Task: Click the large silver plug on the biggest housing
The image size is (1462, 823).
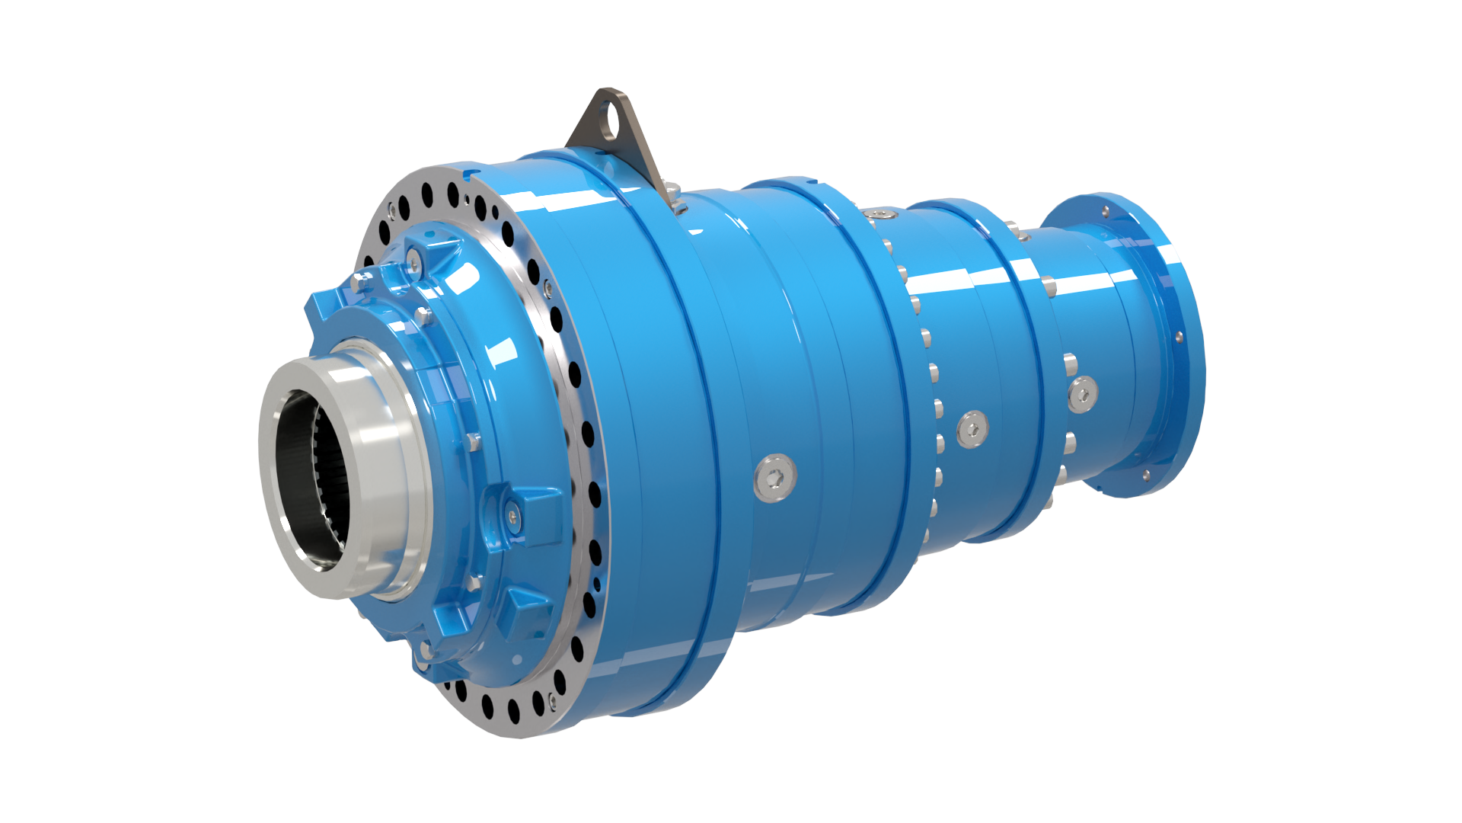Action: tap(775, 479)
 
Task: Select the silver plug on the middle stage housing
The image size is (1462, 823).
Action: tap(972, 428)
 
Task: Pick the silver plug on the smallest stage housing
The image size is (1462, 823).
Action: tap(1082, 395)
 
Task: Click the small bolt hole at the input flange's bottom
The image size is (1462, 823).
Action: tap(1147, 476)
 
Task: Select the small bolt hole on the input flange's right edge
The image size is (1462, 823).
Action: tap(1179, 336)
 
